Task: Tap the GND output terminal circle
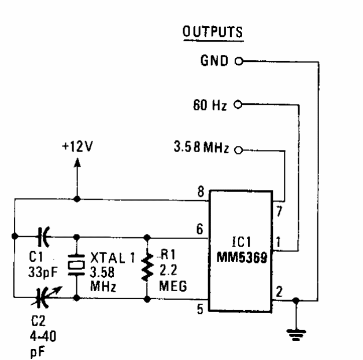click(239, 61)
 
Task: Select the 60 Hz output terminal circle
click(238, 104)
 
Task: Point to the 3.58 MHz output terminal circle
click(238, 150)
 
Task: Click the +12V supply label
click(77, 146)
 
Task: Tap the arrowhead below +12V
click(77, 163)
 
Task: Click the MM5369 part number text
click(242, 257)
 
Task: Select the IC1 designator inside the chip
click(242, 242)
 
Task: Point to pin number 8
click(201, 192)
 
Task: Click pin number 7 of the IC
click(279, 211)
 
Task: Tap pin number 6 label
click(199, 229)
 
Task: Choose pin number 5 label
click(200, 309)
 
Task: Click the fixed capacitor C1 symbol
click(43, 237)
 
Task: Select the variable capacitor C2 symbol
click(45, 297)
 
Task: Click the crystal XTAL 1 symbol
click(76, 265)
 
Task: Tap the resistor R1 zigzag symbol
click(147, 267)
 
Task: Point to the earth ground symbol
click(296, 335)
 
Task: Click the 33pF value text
click(43, 272)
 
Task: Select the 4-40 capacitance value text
click(43, 336)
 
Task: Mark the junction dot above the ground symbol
click(296, 300)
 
